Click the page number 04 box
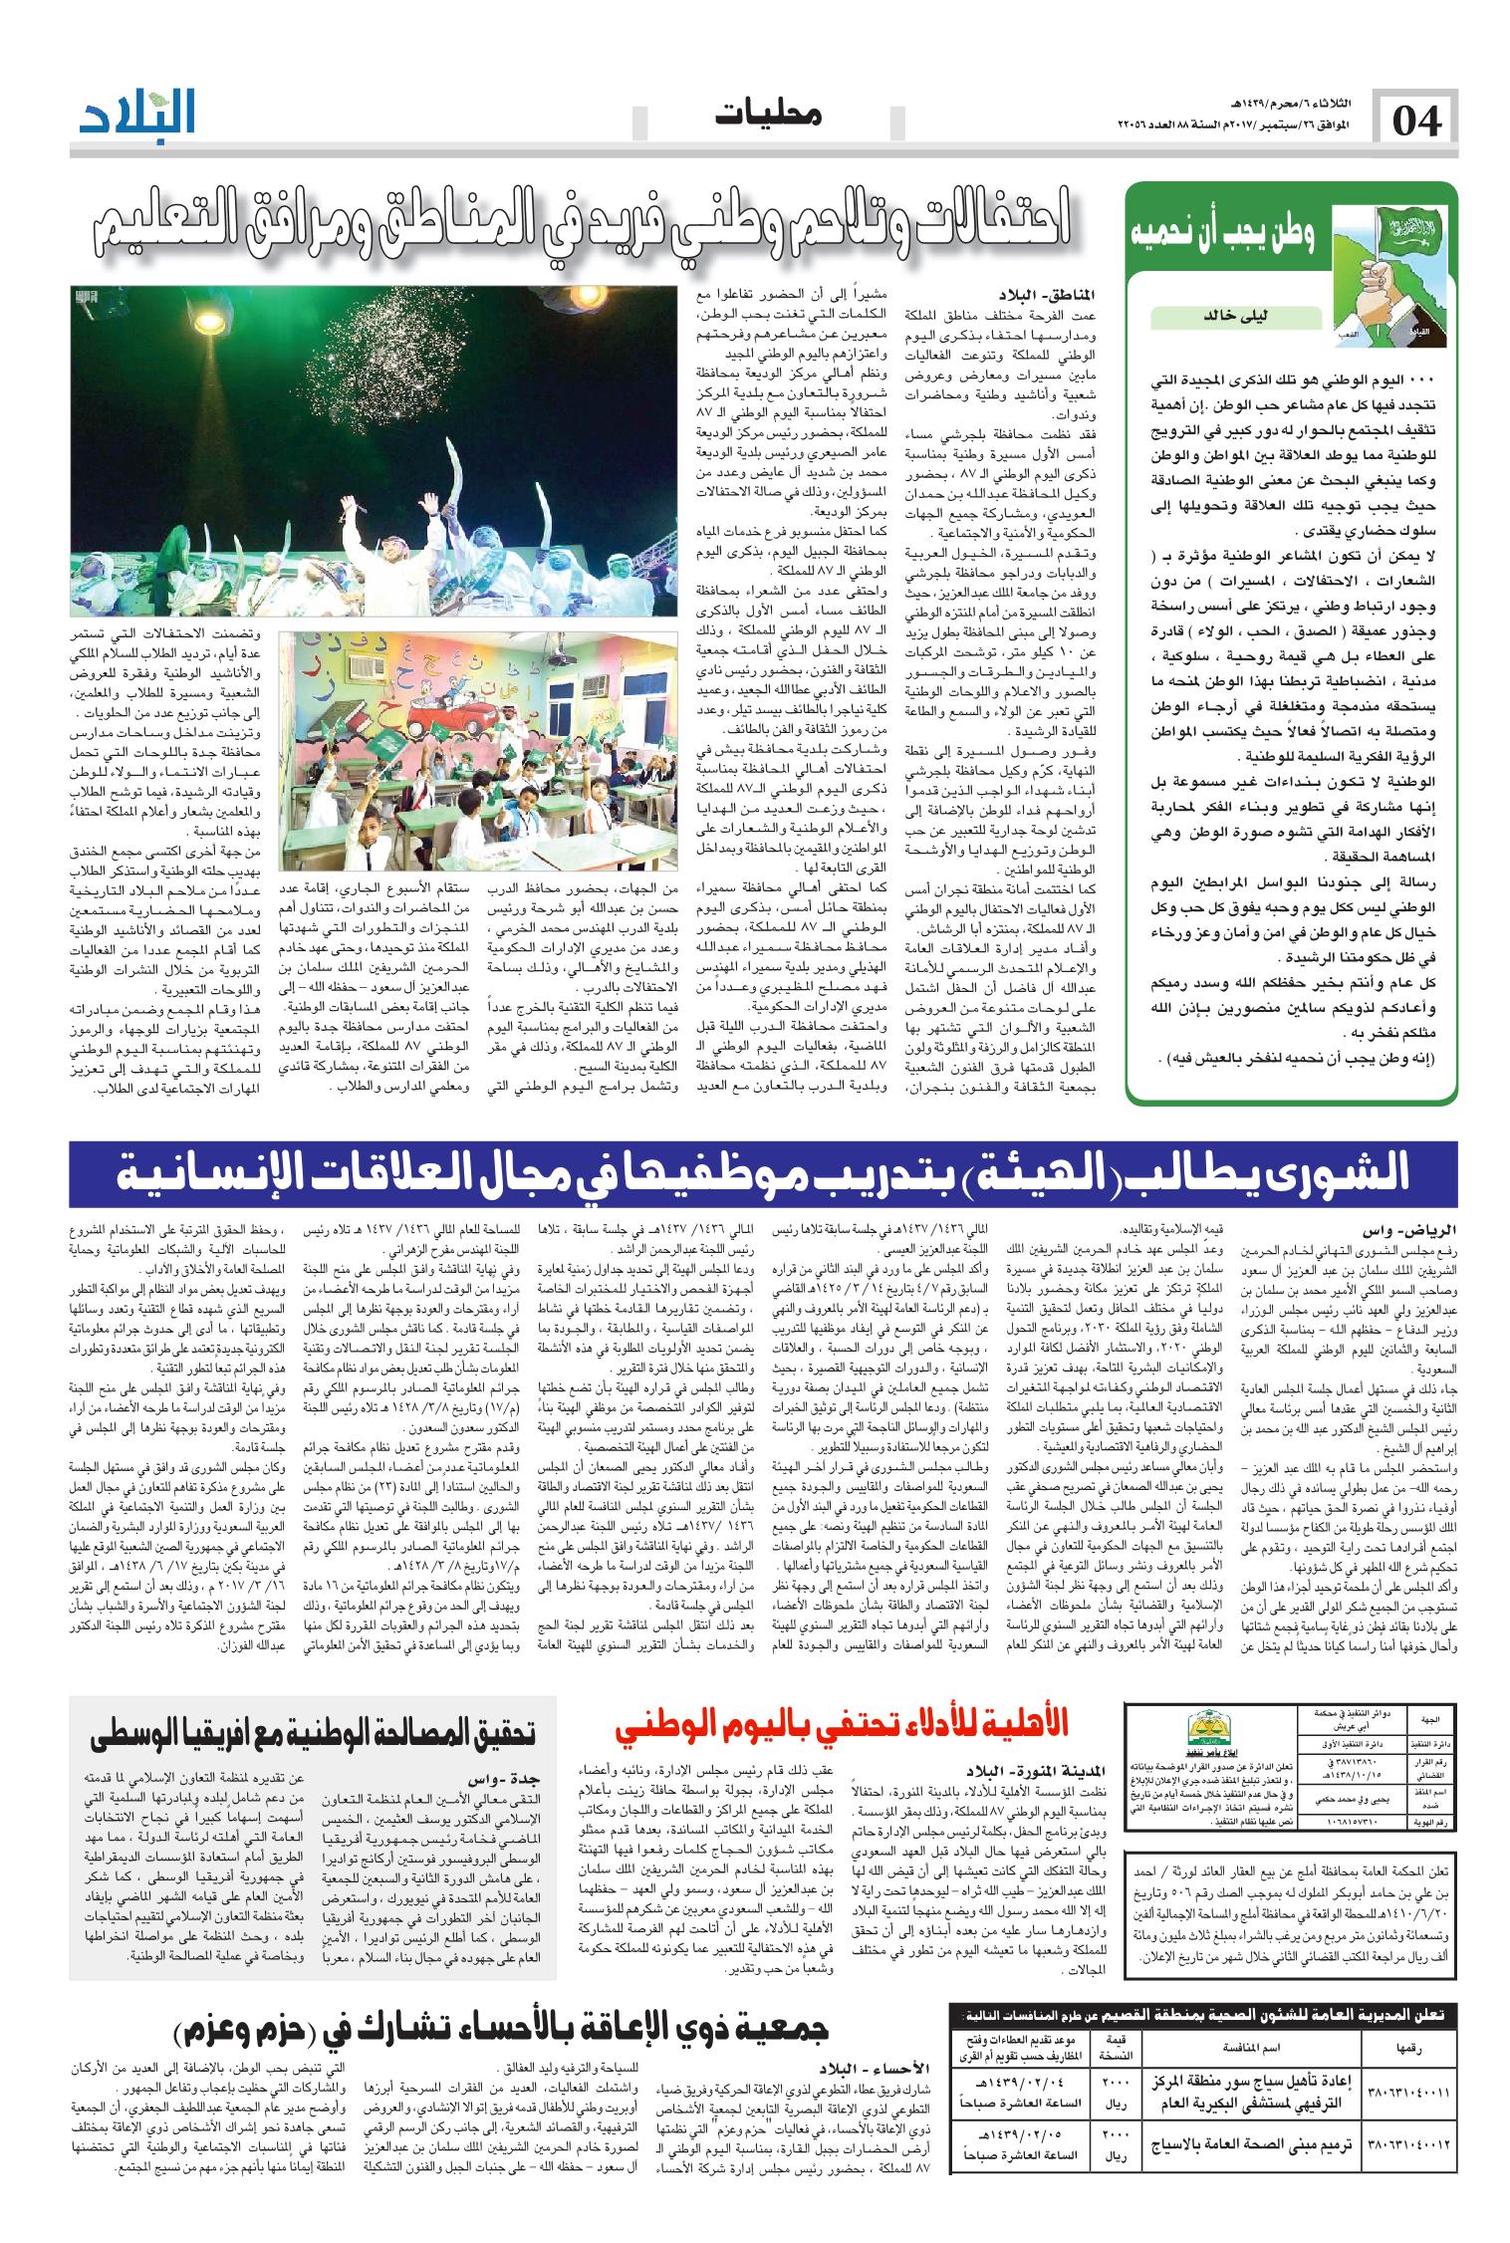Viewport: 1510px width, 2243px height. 1413,122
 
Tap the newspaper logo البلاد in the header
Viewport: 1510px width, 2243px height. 139,113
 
